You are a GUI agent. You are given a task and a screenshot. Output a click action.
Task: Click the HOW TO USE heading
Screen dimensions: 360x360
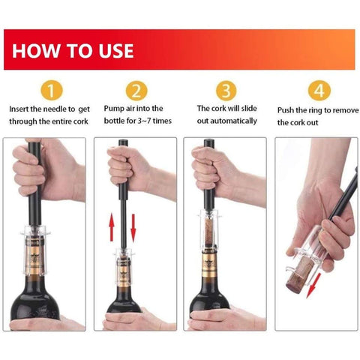[x=73, y=51]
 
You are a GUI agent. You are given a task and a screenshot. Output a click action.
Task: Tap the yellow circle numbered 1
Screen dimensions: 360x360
[x=52, y=90]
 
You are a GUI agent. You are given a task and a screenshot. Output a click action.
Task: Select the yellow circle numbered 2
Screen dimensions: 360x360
[x=136, y=90]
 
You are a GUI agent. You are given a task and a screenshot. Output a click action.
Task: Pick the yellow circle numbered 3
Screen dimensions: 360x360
[x=226, y=90]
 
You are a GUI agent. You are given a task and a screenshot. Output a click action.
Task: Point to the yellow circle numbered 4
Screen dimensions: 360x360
[x=319, y=90]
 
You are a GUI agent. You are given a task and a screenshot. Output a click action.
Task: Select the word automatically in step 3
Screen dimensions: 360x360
[x=234, y=121]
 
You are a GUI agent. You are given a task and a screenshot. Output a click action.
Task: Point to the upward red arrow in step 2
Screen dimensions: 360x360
[x=112, y=228]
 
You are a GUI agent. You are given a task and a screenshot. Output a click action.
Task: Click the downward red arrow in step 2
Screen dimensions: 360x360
[x=133, y=228]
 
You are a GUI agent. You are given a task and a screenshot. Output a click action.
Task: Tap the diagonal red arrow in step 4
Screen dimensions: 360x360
[x=313, y=286]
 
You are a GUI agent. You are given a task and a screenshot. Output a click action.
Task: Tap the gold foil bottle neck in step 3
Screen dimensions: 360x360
[x=210, y=265]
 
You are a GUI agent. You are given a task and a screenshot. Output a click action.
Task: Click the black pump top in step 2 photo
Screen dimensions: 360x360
[x=123, y=142]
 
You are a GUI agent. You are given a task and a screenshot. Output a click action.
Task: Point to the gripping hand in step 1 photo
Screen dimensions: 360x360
[x=47, y=170]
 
